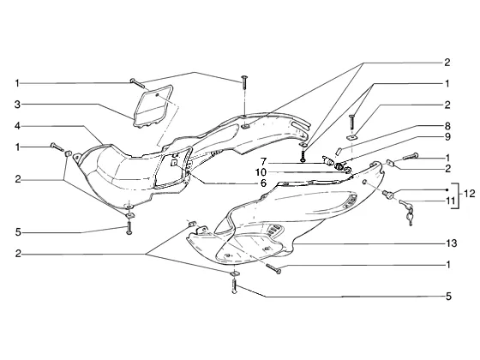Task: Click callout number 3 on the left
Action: (x=18, y=105)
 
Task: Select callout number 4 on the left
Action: (x=18, y=125)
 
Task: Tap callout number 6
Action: (x=263, y=183)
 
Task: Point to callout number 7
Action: (x=264, y=161)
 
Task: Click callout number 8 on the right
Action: (x=447, y=125)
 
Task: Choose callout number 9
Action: (x=447, y=136)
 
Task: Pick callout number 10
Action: (x=261, y=172)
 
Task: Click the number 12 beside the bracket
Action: (x=469, y=194)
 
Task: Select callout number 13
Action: (x=451, y=243)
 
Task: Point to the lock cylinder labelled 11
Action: (x=387, y=194)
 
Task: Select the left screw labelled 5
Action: (x=129, y=228)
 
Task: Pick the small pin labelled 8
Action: (x=339, y=151)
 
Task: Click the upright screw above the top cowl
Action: (x=244, y=82)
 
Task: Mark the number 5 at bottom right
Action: (x=448, y=297)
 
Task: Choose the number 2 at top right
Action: (x=447, y=63)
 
